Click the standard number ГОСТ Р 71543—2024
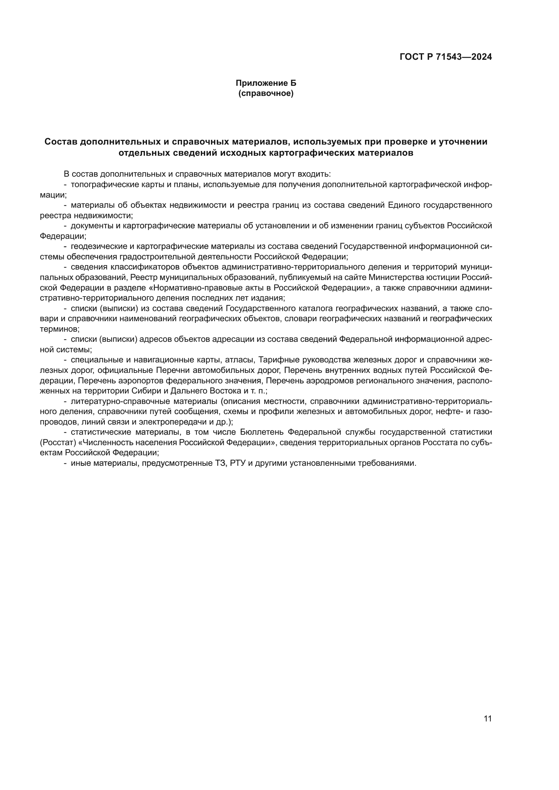(446, 57)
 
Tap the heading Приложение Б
(266, 83)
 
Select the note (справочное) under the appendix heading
(266, 93)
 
